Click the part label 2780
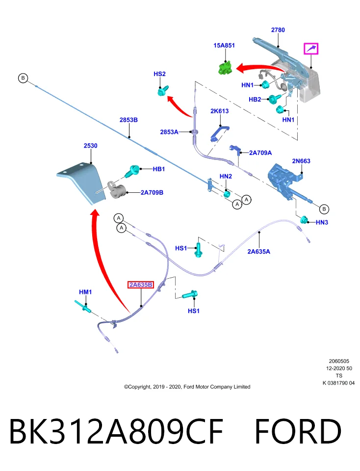pos(278,30)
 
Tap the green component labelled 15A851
pos(225,67)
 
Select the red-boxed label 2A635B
pos(141,285)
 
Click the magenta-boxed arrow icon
pos(311,49)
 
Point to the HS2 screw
pos(162,90)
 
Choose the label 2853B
pos(129,120)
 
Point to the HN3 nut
pos(304,220)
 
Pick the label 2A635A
pos(258,251)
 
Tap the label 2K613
pos(220,111)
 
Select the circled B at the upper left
pos(23,78)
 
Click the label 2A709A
pos(260,153)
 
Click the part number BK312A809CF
pos(117,431)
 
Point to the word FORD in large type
pos(298,431)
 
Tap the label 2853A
pos(169,132)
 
